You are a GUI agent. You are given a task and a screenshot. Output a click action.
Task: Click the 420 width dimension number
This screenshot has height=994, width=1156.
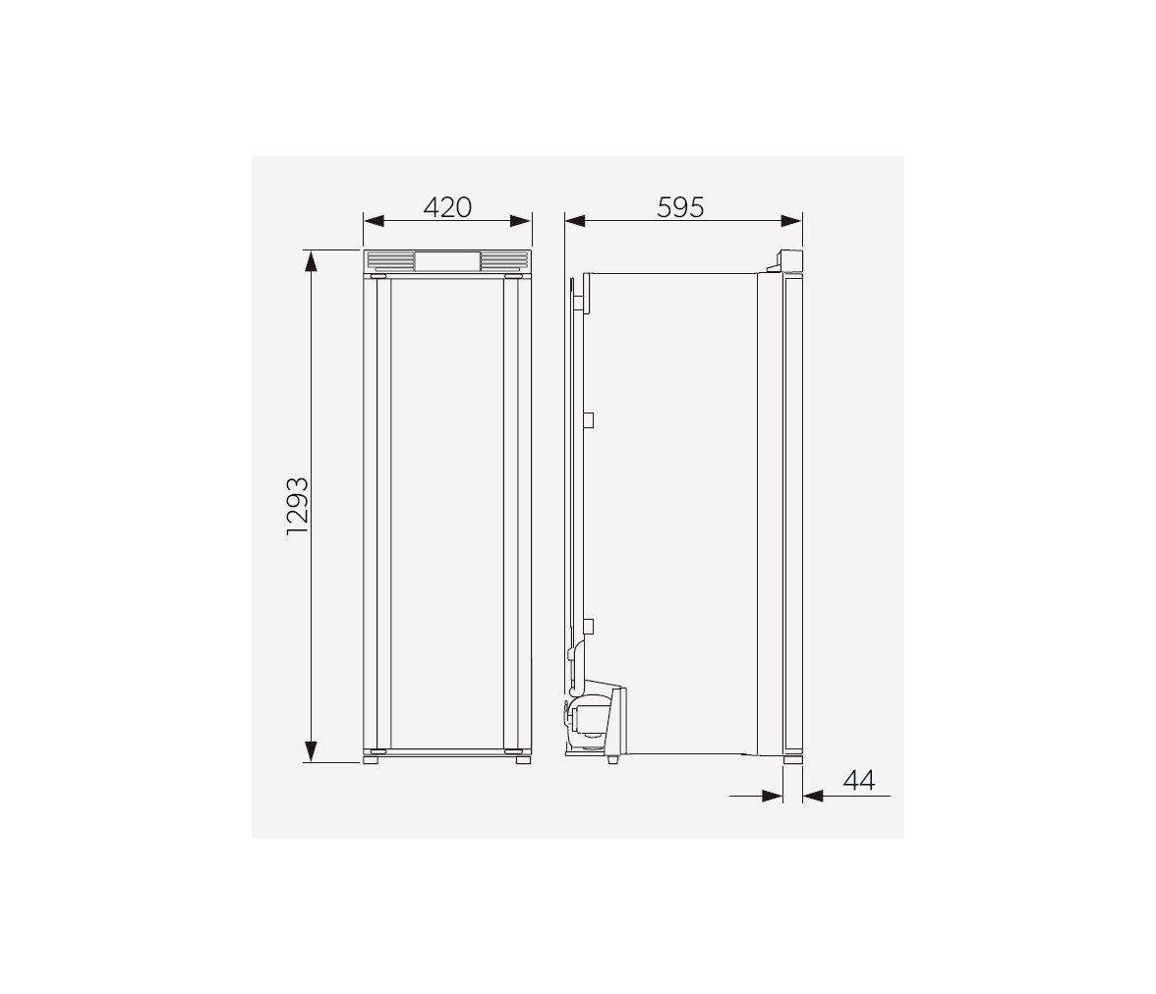click(447, 208)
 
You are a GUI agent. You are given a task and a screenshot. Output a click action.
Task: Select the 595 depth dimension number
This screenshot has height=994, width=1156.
click(680, 208)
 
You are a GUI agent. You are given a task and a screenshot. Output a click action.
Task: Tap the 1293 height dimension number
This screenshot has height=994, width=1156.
click(297, 506)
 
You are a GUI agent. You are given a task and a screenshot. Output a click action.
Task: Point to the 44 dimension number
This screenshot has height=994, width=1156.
click(859, 780)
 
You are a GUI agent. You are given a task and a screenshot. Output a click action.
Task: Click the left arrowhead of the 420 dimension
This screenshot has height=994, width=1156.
click(374, 221)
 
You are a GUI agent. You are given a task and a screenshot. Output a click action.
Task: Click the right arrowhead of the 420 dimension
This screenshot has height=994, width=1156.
click(521, 221)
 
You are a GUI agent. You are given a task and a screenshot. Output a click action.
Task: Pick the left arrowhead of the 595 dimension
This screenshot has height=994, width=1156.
click(575, 221)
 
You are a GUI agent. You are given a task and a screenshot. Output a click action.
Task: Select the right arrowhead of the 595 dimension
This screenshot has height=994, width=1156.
click(792, 221)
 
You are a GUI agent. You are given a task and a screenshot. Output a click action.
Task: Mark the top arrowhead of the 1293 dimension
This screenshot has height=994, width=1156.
click(311, 261)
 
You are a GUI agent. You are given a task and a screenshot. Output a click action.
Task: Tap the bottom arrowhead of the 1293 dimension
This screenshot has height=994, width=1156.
click(311, 751)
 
